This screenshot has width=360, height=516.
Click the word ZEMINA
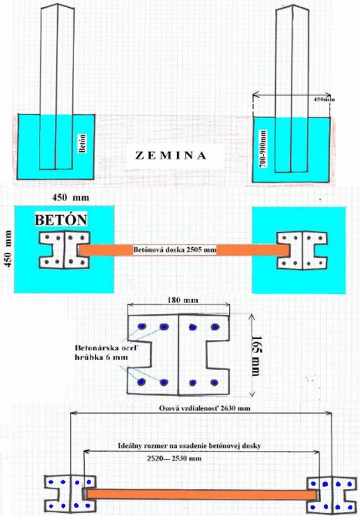point(171,155)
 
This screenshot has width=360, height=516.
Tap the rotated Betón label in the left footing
point(83,143)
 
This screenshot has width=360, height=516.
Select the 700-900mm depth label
point(263,149)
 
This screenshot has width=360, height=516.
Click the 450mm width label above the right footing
point(324,99)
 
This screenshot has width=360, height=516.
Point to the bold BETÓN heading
point(61,220)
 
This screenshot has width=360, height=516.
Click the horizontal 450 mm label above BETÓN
point(70,197)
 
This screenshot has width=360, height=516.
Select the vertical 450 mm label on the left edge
point(8,248)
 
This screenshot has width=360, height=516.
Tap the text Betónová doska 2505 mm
point(174,250)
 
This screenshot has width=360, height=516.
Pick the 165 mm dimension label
point(256,356)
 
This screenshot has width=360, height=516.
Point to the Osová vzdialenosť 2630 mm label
point(204,408)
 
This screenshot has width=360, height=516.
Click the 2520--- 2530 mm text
point(174,458)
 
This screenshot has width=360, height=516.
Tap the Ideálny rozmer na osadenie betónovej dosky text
point(189,446)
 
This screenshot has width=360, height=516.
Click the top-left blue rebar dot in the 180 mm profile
point(142,326)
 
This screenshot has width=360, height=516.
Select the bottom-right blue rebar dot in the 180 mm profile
point(214,383)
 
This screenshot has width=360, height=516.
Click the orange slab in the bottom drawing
point(201,494)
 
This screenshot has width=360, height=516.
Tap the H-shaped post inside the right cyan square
point(302,251)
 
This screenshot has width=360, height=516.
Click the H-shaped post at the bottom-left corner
point(70,494)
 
